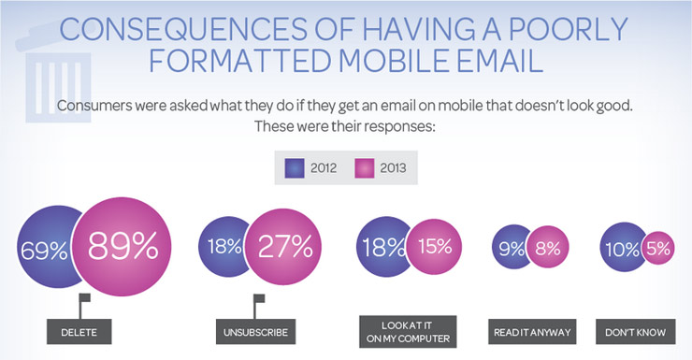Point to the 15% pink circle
point(436,248)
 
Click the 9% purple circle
point(512,250)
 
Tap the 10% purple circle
point(621,250)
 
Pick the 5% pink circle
point(657,250)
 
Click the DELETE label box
point(86,331)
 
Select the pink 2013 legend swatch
point(366,168)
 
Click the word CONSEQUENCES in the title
point(188,30)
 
